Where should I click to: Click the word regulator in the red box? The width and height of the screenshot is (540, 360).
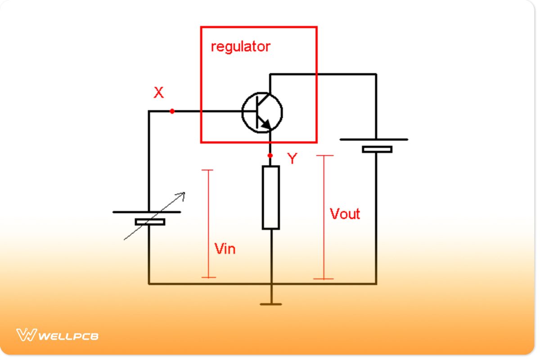[240, 47]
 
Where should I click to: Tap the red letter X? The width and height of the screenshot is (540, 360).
[159, 93]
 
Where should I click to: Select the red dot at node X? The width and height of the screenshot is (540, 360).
[172, 111]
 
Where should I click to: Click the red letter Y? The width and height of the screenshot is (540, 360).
[292, 158]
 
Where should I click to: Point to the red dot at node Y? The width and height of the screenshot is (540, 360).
[270, 156]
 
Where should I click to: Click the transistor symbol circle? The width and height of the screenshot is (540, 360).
[262, 112]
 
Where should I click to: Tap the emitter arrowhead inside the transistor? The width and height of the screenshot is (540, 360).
[266, 124]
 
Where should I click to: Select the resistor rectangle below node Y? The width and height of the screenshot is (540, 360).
[271, 197]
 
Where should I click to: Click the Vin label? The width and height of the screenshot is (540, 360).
[225, 248]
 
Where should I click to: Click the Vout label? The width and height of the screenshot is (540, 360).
[345, 214]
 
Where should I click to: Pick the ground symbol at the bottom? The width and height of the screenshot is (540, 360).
[271, 304]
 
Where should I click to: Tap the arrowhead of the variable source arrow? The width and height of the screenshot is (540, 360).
[182, 195]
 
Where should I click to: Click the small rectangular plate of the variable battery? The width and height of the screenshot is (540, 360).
[150, 221]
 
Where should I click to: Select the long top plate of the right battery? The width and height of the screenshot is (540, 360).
[374, 139]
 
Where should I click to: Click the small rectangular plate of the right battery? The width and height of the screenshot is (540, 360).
[377, 149]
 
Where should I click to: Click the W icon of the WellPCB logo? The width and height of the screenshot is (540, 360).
[26, 335]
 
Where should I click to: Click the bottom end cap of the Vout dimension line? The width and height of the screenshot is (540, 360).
[324, 279]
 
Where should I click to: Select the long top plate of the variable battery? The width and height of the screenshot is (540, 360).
[147, 211]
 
